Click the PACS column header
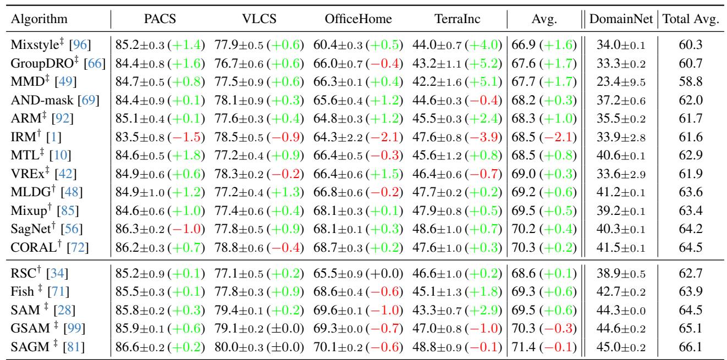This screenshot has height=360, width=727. click(157, 20)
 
